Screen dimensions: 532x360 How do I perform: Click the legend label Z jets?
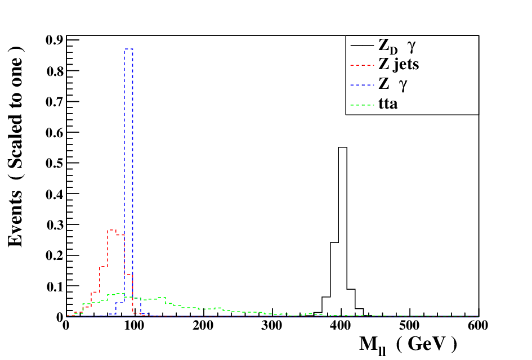click(399, 65)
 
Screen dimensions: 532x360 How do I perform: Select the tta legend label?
click(388, 103)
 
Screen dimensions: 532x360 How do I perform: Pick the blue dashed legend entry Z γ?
click(392, 84)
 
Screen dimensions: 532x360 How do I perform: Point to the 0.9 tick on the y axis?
click(55, 40)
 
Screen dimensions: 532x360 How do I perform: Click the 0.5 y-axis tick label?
click(55, 163)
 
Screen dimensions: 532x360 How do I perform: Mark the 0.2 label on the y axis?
click(55, 255)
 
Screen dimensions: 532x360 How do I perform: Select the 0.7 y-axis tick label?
click(55, 101)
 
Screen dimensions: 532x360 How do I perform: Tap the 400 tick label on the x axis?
click(341, 326)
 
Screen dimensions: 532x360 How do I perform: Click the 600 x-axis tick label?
click(478, 326)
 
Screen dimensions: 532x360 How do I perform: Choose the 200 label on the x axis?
click(203, 326)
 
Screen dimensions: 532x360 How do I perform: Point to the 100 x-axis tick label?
click(135, 326)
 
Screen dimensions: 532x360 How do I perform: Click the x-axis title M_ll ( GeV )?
click(408, 345)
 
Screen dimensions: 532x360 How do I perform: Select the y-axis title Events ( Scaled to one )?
click(16, 146)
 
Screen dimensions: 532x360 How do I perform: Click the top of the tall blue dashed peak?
click(128, 49)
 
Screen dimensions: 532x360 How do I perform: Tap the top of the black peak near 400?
click(343, 147)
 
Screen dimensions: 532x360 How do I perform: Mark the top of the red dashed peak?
click(111, 230)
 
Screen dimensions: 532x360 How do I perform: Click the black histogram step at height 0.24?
click(334, 242)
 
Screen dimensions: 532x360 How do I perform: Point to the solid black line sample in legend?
click(362, 46)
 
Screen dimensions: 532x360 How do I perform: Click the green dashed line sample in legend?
click(362, 105)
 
